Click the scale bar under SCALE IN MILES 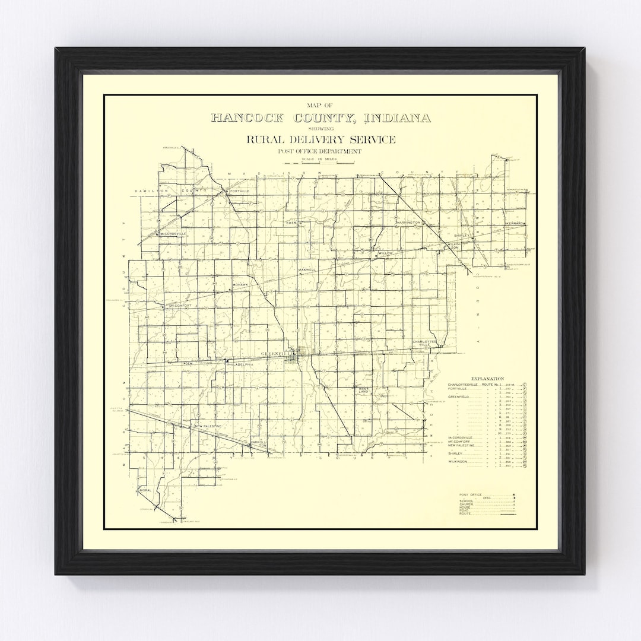(320, 163)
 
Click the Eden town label (291, 223)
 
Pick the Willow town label (386, 253)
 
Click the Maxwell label (307, 270)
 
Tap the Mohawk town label (240, 285)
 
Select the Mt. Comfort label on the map (181, 306)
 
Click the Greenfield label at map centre (274, 354)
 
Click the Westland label (363, 391)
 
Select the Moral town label (145, 490)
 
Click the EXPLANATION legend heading (487, 378)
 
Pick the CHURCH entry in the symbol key (467, 504)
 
